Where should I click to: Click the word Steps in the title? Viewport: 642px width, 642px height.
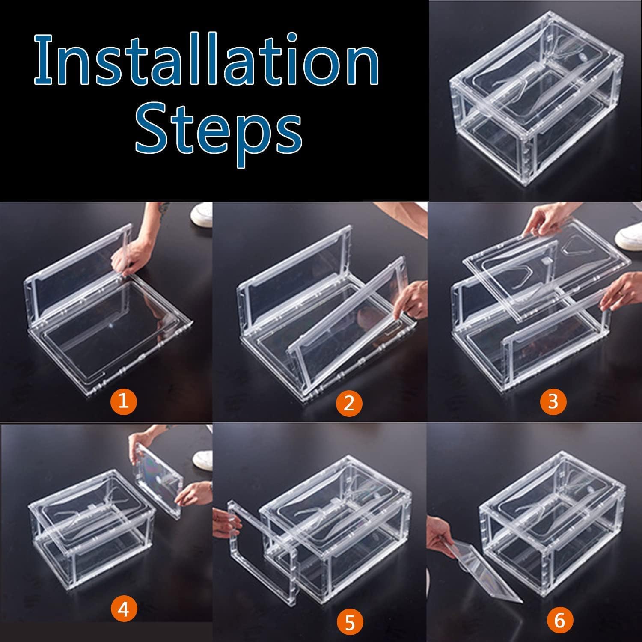point(219,128)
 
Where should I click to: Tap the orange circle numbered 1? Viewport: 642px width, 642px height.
point(123,401)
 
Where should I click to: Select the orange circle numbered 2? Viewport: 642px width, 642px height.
point(349,403)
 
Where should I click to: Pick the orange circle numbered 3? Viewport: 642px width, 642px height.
point(553,401)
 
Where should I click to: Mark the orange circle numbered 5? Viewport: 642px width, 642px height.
point(350,623)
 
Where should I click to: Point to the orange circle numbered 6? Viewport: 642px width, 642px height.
point(559,620)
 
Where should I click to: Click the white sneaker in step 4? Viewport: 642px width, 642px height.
point(203,458)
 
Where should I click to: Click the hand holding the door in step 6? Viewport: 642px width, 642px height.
point(441,535)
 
